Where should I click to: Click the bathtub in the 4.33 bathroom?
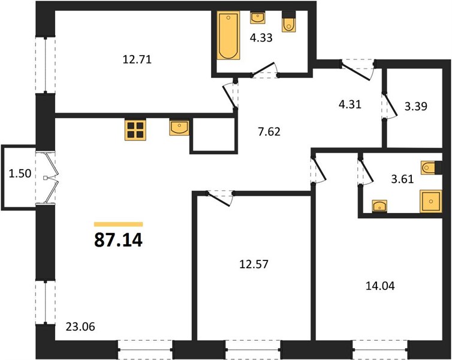point(228,35)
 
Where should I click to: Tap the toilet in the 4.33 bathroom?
point(288,22)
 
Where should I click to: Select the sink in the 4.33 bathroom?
point(258,18)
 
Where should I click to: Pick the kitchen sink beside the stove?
point(180,127)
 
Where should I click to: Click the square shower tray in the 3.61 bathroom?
point(431,201)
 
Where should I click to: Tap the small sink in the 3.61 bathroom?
point(379,206)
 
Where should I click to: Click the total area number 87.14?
point(118,240)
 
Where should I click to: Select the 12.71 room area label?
point(137,60)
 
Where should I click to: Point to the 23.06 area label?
point(80,327)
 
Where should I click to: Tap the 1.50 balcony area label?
point(20,173)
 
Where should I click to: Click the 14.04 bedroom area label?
point(380,286)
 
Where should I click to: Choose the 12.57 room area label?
point(254,264)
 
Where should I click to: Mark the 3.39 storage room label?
point(415,106)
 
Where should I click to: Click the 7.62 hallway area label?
point(269,132)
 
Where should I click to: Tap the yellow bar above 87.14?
point(119,224)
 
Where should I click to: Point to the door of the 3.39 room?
point(390,105)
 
